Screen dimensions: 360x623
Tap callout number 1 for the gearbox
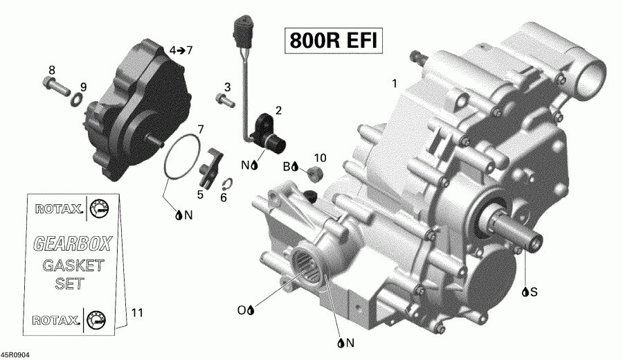(x=395, y=84)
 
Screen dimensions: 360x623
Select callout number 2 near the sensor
(x=278, y=110)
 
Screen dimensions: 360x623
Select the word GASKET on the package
(x=73, y=265)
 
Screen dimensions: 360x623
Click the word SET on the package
(x=69, y=284)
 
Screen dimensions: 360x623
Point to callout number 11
(x=136, y=313)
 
